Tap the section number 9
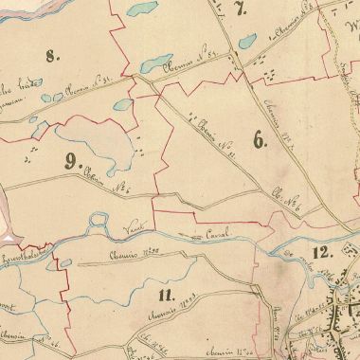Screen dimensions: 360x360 coord(68,160)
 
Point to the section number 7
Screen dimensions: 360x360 coord(241,10)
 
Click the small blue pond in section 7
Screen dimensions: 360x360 coord(245,43)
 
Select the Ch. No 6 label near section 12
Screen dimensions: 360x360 coord(285,201)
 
